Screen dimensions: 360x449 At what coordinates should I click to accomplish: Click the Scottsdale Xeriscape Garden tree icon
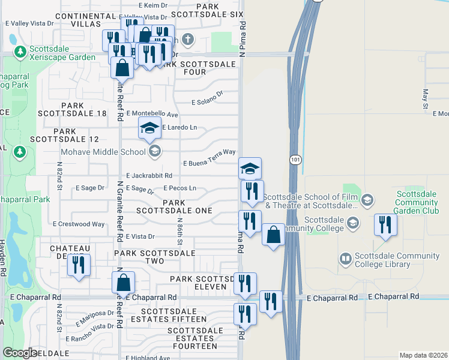pyautogui.click(x=20, y=53)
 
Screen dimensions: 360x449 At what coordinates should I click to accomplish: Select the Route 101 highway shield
pyautogui.click(x=295, y=160)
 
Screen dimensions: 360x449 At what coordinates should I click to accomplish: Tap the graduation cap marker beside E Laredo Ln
pyautogui.click(x=150, y=128)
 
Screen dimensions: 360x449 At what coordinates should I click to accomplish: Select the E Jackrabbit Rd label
pyautogui.click(x=149, y=176)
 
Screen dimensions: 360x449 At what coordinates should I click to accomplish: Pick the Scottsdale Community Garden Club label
pyautogui.click(x=421, y=202)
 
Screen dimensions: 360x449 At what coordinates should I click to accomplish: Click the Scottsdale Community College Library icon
pyautogui.click(x=345, y=259)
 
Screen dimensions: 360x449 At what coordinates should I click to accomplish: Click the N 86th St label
pyautogui.click(x=179, y=232)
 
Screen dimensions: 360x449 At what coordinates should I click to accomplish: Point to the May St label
pyautogui.click(x=425, y=98)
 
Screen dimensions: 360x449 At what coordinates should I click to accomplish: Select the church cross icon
pyautogui.click(x=188, y=41)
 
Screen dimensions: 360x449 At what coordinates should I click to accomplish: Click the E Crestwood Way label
pyautogui.click(x=79, y=224)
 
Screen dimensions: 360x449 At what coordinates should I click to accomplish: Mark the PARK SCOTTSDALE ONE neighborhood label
pyautogui.click(x=173, y=207)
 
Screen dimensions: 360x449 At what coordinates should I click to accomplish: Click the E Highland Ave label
pyautogui.click(x=148, y=358)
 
